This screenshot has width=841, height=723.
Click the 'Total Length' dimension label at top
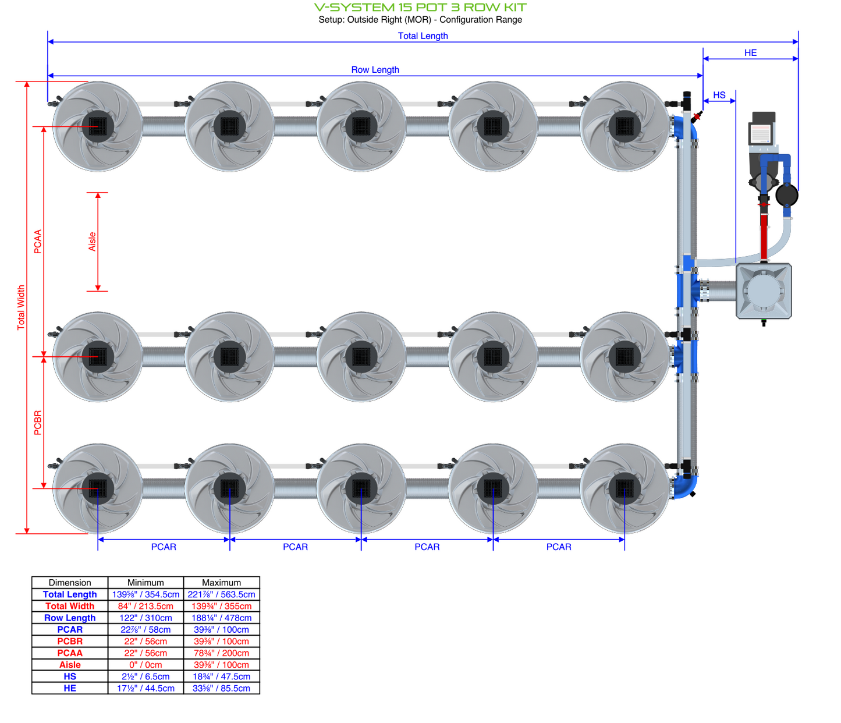coord(423,36)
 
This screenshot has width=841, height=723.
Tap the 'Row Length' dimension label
coord(375,70)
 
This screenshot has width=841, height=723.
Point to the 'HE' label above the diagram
coord(750,53)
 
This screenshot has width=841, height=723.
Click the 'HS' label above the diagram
coord(719,95)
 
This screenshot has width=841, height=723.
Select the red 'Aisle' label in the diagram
coord(92,242)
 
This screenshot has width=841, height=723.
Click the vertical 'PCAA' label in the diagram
coord(38,242)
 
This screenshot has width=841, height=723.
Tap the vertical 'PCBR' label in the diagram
coord(38,423)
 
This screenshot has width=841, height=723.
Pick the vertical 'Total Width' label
coord(21,307)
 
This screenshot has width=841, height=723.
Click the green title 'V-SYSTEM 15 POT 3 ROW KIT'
coord(420,8)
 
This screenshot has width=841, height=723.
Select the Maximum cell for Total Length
coord(221,594)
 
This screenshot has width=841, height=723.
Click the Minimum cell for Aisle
coord(146,665)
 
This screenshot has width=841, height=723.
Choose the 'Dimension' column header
coord(70,583)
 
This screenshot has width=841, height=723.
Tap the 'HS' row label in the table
coord(70,676)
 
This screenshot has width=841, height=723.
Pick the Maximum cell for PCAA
coord(221,653)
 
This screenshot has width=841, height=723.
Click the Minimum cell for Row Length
coord(146,618)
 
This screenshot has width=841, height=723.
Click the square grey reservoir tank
coord(764,291)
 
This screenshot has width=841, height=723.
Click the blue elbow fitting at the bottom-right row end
coord(686,486)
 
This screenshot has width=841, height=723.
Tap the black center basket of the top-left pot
coord(98,126)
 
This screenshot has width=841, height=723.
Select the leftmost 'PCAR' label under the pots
coord(164,547)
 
